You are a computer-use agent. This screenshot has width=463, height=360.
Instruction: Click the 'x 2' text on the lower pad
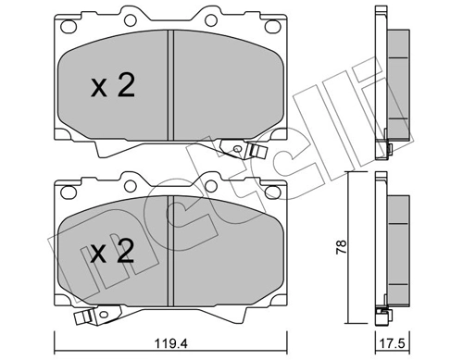pos(113,253)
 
